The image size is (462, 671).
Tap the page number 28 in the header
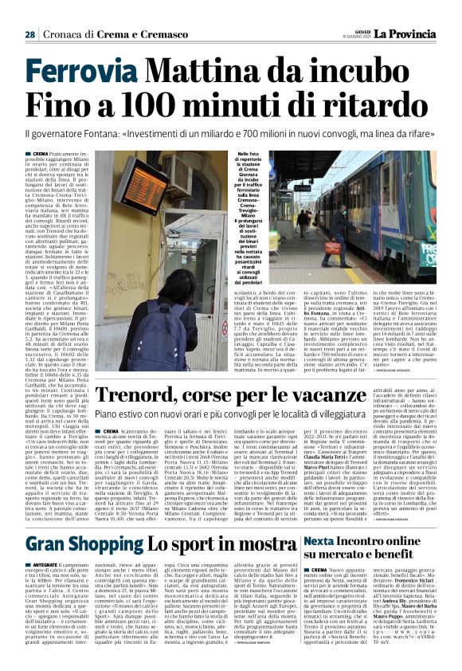[x=29, y=34]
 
